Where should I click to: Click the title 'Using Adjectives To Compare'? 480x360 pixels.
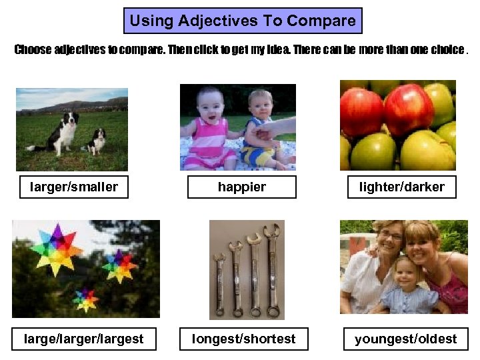[x=243, y=21]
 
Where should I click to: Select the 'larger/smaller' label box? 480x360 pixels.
[x=73, y=187]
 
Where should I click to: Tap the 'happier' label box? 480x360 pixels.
[x=241, y=187]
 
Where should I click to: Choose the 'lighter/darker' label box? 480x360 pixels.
[x=401, y=187]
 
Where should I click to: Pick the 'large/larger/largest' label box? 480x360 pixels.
[x=83, y=339]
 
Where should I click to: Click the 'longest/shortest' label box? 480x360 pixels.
[x=243, y=339]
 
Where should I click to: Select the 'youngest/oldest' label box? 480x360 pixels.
[x=405, y=339]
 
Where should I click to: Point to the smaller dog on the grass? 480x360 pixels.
[x=97, y=141]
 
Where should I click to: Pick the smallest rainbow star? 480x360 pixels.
[x=85, y=299]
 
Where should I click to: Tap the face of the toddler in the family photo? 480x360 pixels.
[x=405, y=273]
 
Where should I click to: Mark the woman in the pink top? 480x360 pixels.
[x=437, y=267]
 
